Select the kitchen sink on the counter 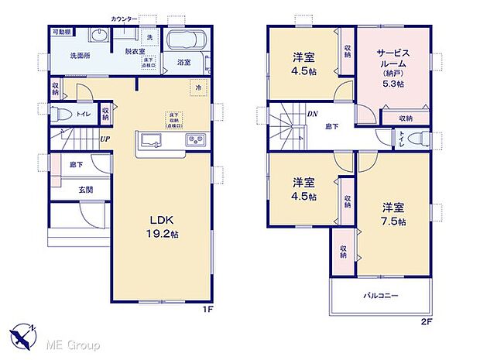[149, 141]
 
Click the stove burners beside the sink [194, 141]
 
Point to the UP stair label [103, 139]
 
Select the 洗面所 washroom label [63, 56]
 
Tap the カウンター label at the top [124, 17]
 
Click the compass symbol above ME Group [23, 334]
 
